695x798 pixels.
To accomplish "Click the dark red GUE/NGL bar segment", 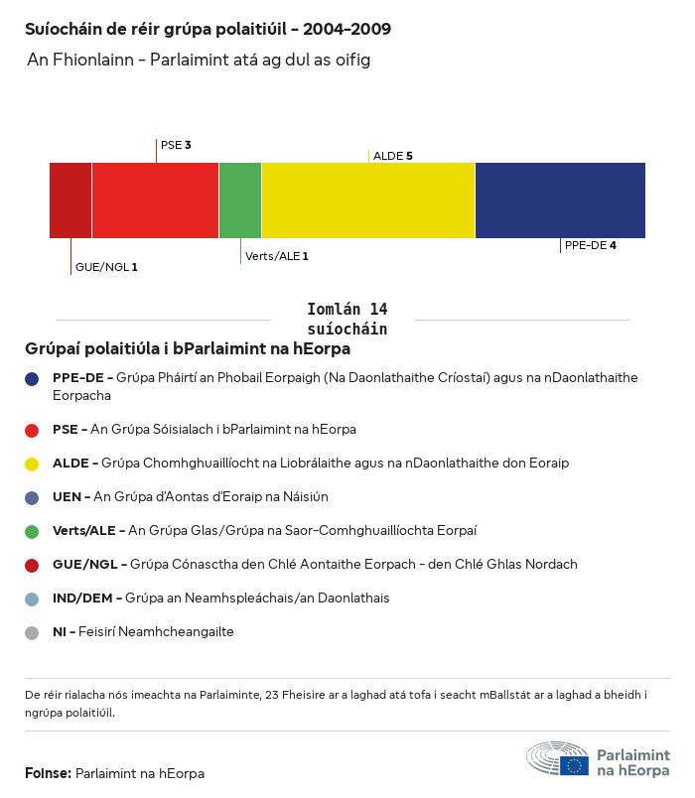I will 70,200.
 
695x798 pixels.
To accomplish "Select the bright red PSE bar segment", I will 155,200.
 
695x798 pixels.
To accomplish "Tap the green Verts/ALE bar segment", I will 240,200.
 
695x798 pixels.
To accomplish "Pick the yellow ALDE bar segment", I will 368,200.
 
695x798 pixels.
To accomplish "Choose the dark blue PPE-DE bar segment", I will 560,200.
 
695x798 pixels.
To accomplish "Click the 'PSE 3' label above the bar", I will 176,145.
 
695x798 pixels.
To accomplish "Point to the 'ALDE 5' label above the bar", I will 392,156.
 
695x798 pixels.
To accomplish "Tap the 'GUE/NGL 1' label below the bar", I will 106,267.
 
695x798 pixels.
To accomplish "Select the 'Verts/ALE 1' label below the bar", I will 276,256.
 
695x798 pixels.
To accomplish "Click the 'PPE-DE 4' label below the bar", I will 590,245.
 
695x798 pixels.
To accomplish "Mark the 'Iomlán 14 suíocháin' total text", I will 347,319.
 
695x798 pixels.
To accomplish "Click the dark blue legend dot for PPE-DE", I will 33,378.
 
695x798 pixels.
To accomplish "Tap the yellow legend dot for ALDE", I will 33,464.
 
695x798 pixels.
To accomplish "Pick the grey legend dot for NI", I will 33,632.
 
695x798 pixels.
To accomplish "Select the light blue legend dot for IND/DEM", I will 33,598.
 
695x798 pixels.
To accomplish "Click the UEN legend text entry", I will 190,497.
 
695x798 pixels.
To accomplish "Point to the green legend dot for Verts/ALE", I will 33,531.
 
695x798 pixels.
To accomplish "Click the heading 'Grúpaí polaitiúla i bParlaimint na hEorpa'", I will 188,349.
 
